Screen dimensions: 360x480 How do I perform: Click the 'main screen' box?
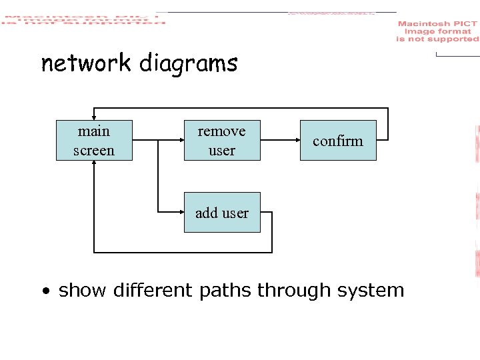point(94,141)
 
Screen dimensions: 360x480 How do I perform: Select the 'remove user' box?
point(221,141)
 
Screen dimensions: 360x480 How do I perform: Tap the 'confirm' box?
point(338,141)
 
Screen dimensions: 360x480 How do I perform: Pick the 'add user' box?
point(222,213)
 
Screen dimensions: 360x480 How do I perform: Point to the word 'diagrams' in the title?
point(189,64)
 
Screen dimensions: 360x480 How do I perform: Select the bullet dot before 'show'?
point(45,291)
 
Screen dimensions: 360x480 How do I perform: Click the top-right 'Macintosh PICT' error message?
point(437,31)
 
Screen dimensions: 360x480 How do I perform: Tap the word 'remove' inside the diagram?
point(221,131)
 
